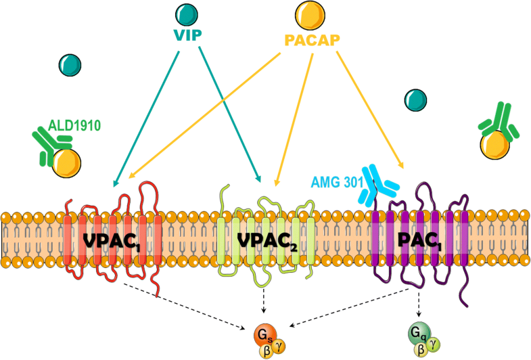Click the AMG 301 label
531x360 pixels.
[x=336, y=181]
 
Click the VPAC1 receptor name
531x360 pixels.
[x=112, y=241]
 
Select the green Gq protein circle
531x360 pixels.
[x=418, y=334]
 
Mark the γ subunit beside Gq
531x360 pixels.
[x=434, y=344]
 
